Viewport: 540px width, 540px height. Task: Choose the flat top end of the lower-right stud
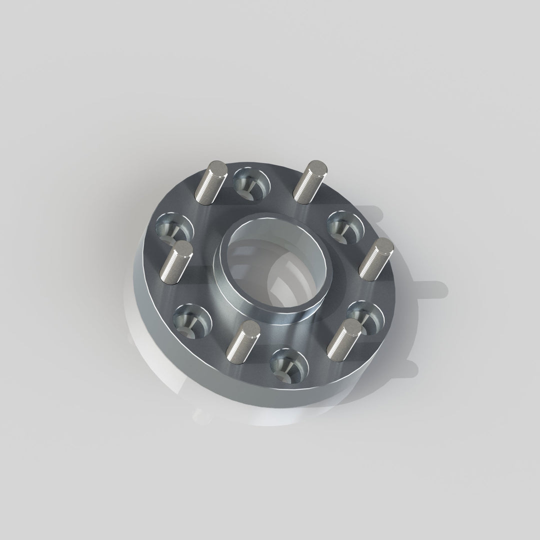[x=353, y=326]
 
